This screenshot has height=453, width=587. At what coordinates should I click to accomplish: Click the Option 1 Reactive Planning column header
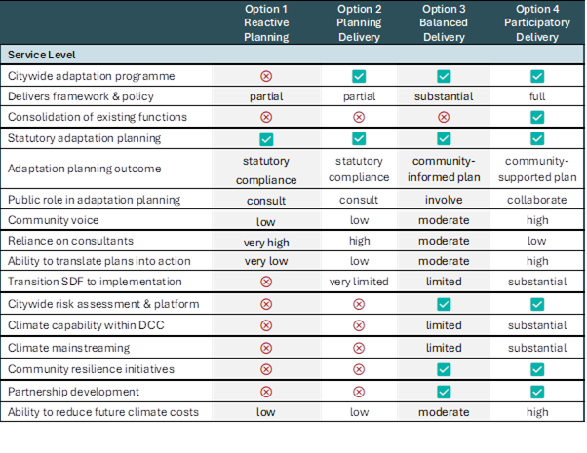tap(266, 22)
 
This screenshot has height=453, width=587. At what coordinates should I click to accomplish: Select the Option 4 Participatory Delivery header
tap(537, 22)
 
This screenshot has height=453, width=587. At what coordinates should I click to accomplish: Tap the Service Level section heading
tap(42, 55)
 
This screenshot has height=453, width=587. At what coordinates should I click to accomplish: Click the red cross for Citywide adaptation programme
tap(266, 76)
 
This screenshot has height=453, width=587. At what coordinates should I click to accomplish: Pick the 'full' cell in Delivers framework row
tap(537, 96)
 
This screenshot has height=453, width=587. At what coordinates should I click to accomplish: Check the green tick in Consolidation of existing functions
tap(537, 117)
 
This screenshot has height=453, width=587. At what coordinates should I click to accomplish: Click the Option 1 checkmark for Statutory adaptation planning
tap(266, 139)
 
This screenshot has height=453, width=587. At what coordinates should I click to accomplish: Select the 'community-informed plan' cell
tap(444, 170)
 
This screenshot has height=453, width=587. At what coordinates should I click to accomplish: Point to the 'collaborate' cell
tap(537, 200)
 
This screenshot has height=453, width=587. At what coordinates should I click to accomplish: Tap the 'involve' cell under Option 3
tap(444, 200)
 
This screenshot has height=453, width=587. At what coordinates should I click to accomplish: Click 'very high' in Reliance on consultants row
tap(266, 243)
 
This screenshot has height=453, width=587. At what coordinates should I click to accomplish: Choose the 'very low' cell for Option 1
tap(266, 261)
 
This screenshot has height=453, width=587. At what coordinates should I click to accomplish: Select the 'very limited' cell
tap(359, 282)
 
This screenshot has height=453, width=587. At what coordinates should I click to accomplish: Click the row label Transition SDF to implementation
tap(95, 282)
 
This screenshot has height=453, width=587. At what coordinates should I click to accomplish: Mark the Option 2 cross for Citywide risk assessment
tap(359, 304)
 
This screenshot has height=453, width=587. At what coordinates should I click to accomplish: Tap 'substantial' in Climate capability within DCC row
tap(537, 325)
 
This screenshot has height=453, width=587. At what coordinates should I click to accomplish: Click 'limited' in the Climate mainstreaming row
tap(444, 348)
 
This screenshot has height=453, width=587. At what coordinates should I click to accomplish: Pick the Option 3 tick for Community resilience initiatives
tap(444, 369)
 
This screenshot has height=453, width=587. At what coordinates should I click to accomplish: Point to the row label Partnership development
tap(73, 392)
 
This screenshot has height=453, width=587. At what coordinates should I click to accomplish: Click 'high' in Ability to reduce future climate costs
tap(537, 412)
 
